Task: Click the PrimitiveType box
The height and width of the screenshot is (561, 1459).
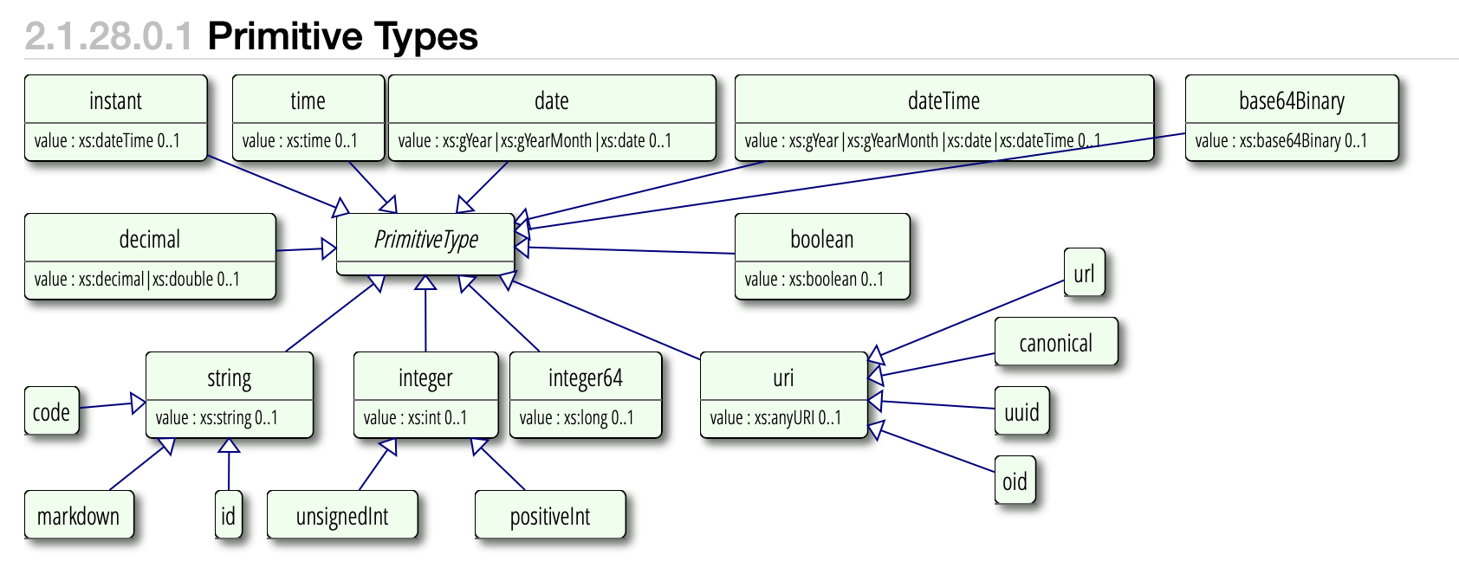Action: point(425,244)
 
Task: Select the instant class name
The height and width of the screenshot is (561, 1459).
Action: point(115,101)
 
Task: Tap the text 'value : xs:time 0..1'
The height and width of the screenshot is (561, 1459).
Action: point(300,140)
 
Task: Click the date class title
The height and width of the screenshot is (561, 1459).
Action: point(552,101)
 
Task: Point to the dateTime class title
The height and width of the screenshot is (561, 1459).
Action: point(943,101)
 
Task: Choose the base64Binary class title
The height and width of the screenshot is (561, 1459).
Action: point(1292,101)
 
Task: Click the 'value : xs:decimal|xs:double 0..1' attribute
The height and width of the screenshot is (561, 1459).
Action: point(137,279)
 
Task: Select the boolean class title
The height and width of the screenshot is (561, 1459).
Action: point(822,240)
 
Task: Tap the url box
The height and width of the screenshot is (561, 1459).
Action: point(1085,271)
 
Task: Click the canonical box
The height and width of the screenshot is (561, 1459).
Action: point(1056,341)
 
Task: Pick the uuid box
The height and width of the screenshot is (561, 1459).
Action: point(1022,410)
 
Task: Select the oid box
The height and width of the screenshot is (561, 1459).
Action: point(1015,480)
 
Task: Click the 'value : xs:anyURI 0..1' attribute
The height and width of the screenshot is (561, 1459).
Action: point(775,418)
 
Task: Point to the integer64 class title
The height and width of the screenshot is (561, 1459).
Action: point(586,378)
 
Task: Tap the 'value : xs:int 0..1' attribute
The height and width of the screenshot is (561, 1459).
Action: point(415,418)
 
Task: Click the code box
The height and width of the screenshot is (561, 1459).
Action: point(51,410)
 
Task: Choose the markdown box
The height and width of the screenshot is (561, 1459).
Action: point(79,514)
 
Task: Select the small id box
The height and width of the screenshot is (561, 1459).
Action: point(228,514)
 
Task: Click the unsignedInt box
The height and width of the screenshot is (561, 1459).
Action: point(342,514)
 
